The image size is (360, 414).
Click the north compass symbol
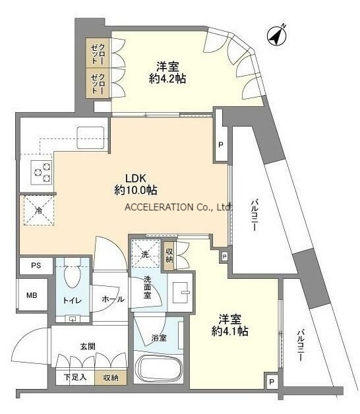tap(277, 37)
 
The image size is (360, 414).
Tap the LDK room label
tap(136, 178)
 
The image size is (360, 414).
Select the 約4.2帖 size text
tap(167, 78)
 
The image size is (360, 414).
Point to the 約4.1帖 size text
tap(230, 331)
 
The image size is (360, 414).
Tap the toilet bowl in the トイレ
tap(73, 276)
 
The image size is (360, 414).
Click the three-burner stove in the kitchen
tap(42, 173)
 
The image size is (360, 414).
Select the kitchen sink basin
tap(90, 138)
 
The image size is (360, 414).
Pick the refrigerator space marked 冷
tap(39, 210)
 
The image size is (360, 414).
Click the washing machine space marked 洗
tap(146, 254)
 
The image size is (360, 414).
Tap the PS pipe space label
tap(36, 266)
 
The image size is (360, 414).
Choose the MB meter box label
tap(32, 295)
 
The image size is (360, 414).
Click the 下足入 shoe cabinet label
tap(75, 377)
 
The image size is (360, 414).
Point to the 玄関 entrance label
tap(88, 346)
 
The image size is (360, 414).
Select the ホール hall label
tap(113, 299)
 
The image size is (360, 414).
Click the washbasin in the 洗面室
tap(181, 293)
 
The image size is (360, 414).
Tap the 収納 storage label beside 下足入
tap(111, 378)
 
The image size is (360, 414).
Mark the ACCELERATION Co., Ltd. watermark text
tap(179, 207)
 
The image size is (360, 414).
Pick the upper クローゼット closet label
tap(98, 54)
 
